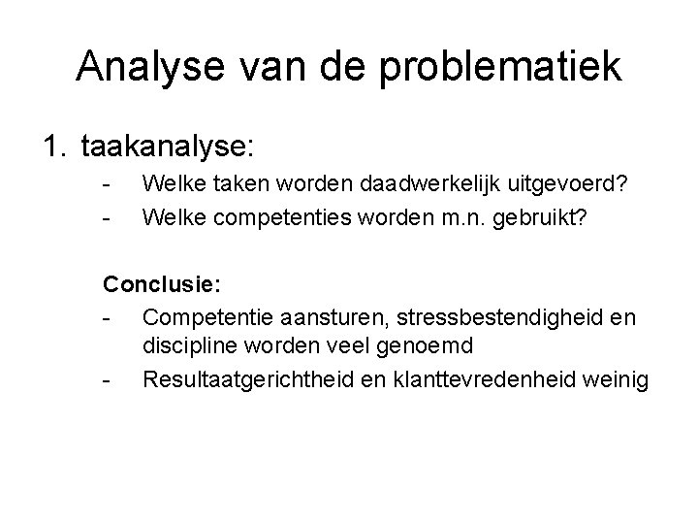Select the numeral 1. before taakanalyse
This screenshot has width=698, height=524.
(x=54, y=147)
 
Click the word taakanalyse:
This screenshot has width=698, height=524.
(x=168, y=147)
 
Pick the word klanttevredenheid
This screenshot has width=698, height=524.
(x=469, y=379)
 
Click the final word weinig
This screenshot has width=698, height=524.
(x=613, y=379)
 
